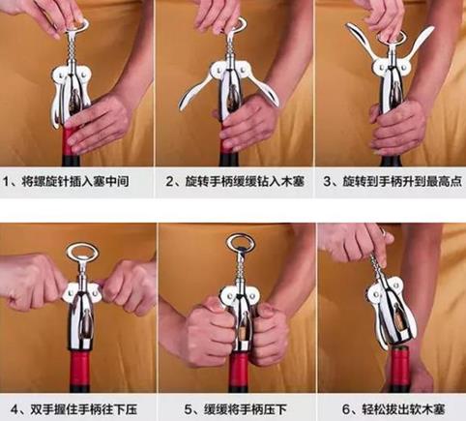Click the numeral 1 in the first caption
pyautogui.click(x=7, y=182)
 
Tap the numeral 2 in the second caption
pyautogui.click(x=170, y=182)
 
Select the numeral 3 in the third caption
pyautogui.click(x=328, y=182)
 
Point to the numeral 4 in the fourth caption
pyautogui.click(x=15, y=410)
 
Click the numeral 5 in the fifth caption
pyautogui.click(x=189, y=410)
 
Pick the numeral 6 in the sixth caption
pyautogui.click(x=346, y=410)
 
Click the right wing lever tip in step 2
pyautogui.click(x=277, y=103)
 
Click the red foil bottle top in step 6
pyautogui.click(x=399, y=365)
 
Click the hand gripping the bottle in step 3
pyautogui.click(x=397, y=128)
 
